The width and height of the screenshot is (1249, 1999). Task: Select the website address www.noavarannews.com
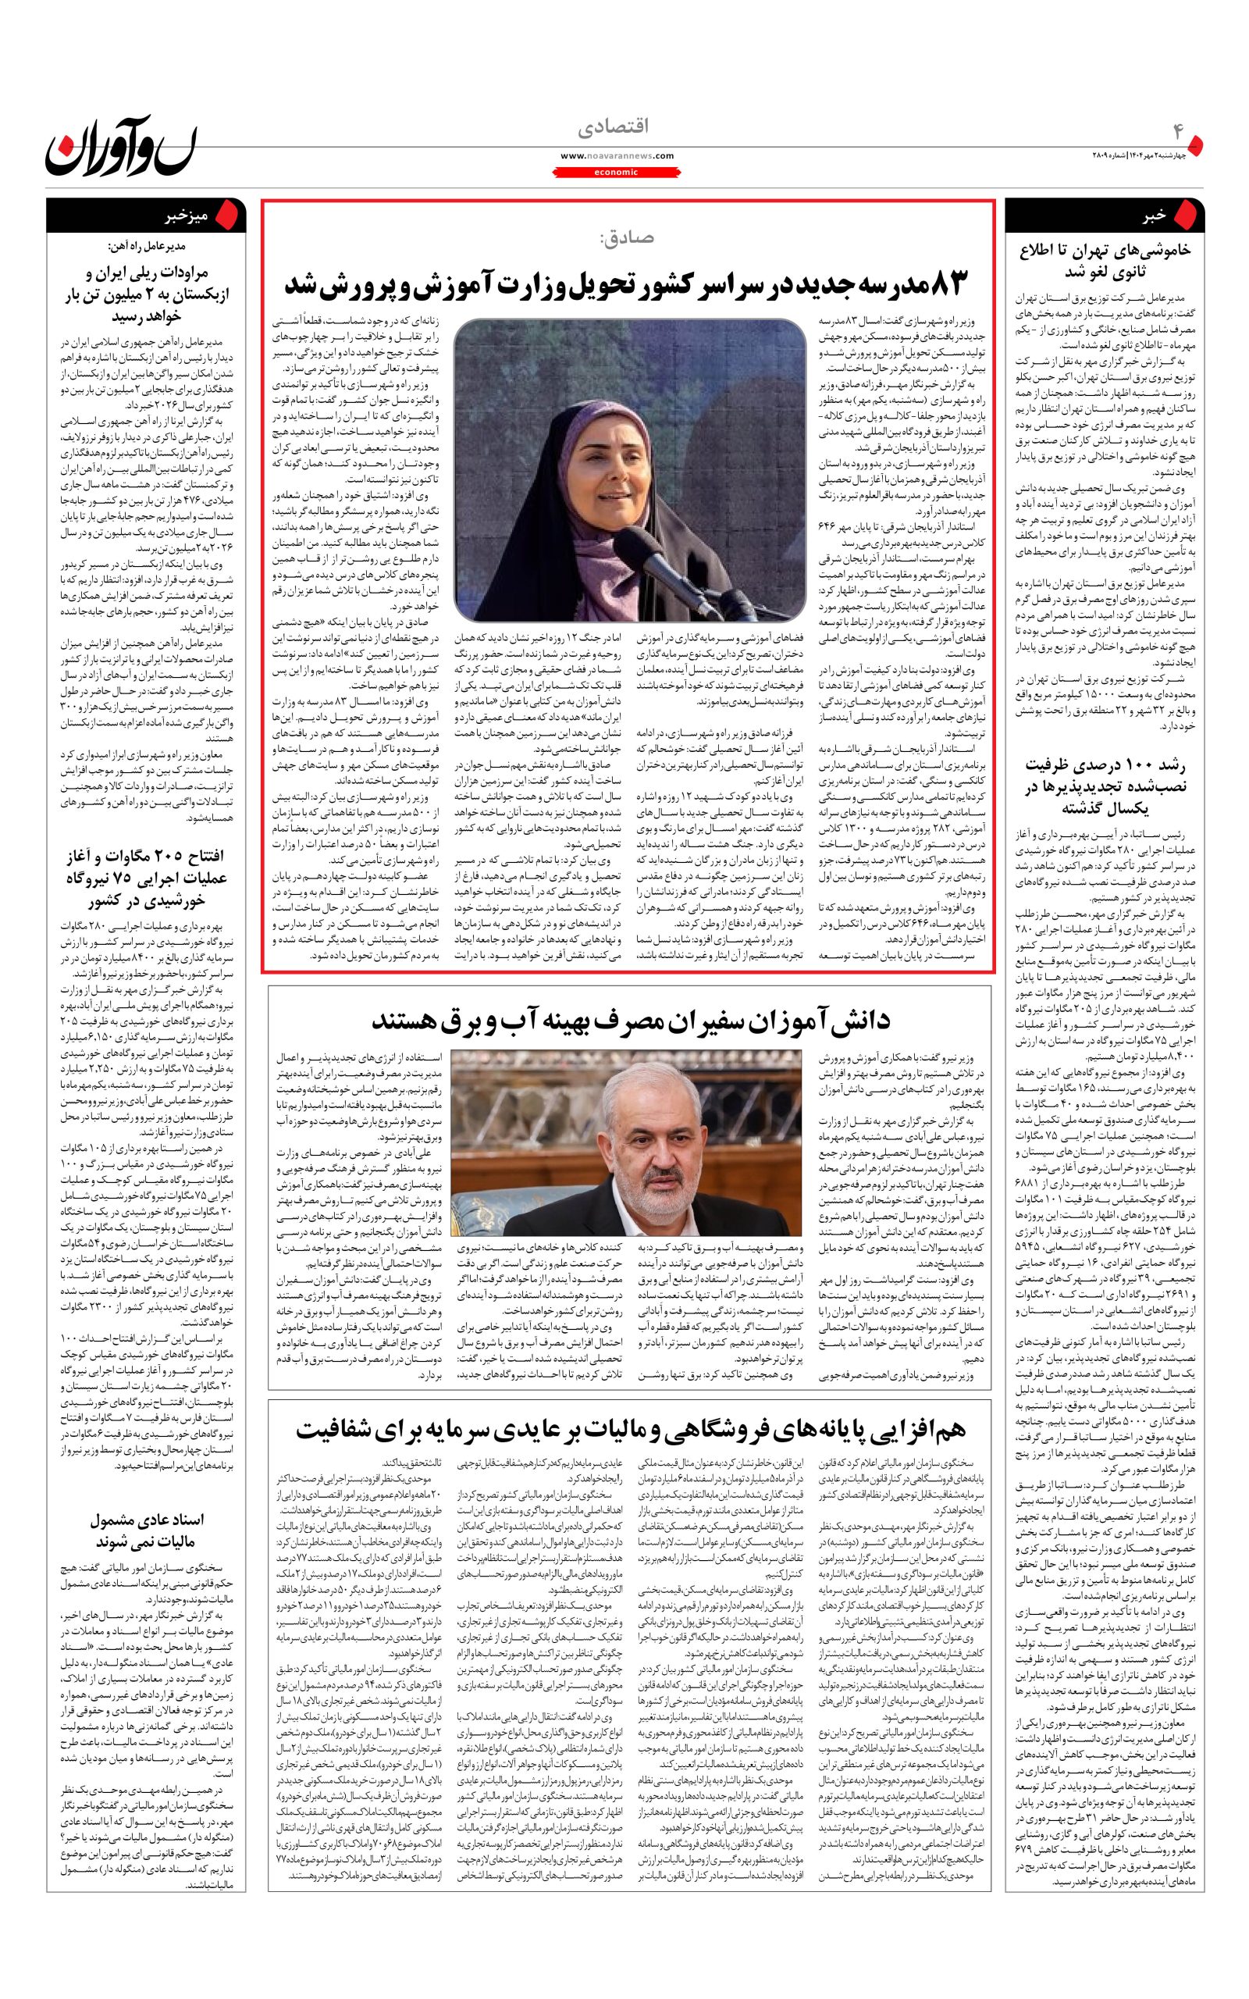(617, 155)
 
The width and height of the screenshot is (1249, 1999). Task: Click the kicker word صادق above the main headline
(627, 238)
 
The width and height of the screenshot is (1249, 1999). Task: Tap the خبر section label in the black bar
(1154, 216)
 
